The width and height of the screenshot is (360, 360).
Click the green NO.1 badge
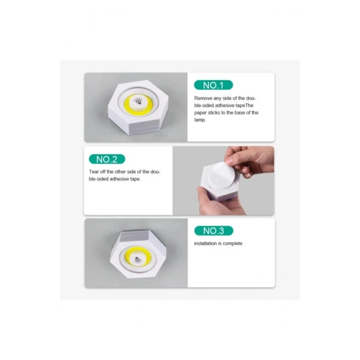point(213,85)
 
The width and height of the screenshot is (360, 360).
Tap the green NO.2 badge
point(107,159)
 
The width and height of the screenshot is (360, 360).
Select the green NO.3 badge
point(213,230)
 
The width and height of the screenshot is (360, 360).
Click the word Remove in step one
point(203,98)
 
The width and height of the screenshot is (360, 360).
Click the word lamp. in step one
point(200,120)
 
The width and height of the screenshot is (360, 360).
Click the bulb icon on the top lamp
point(138,101)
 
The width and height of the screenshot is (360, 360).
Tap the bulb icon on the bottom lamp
point(138,260)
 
